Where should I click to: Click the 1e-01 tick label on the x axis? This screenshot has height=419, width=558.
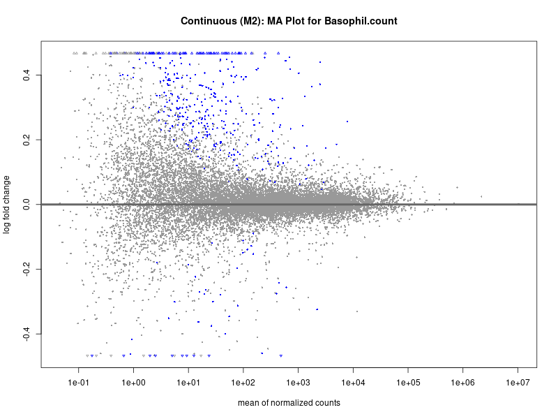click(79, 382)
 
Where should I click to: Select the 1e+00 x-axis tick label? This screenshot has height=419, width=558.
click(133, 382)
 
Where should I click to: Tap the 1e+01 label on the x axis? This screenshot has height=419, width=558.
click(188, 382)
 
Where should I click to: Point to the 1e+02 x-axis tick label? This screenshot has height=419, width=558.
click(243, 382)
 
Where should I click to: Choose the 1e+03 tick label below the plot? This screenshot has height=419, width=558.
click(299, 382)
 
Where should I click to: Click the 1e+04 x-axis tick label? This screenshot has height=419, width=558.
click(354, 382)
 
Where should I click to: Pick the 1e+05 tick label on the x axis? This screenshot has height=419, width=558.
click(409, 382)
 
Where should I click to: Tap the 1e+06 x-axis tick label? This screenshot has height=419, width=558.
click(464, 382)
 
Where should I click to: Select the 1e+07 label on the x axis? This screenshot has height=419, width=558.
click(519, 382)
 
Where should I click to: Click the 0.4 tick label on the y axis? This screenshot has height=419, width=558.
click(27, 75)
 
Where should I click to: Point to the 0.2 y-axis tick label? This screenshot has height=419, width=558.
click(27, 140)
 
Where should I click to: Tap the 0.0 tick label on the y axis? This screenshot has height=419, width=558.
click(27, 205)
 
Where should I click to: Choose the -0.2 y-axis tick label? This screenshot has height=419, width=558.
click(27, 269)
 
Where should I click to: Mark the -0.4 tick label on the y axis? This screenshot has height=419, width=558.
click(27, 334)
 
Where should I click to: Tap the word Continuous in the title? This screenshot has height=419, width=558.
click(206, 21)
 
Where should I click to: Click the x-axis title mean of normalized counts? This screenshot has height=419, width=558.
click(289, 403)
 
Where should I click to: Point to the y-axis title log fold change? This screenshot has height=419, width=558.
click(8, 205)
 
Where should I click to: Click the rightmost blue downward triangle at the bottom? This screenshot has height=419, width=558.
click(281, 356)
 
